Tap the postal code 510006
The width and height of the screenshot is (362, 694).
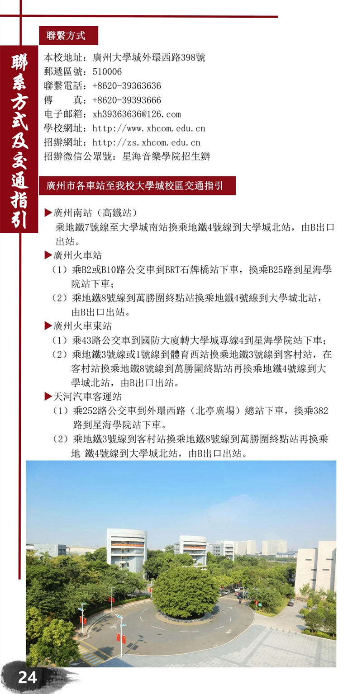(x=107, y=72)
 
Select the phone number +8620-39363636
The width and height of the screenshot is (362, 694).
(x=127, y=86)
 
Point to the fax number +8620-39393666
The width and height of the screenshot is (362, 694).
(x=127, y=100)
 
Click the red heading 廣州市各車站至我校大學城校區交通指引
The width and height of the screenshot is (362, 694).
(x=137, y=185)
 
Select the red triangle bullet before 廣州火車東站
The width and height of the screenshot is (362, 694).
(x=48, y=326)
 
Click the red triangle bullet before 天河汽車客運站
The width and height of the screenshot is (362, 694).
(x=48, y=397)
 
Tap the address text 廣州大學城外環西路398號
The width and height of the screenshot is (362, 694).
(x=149, y=58)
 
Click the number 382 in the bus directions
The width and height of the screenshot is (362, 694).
(x=320, y=411)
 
